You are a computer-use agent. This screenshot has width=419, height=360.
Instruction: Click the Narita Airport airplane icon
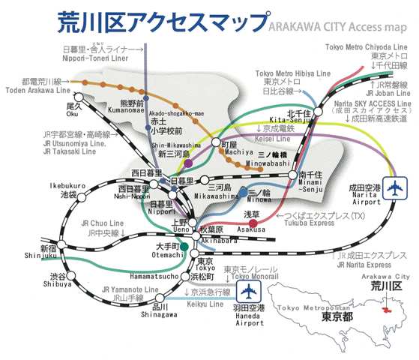point(393,191)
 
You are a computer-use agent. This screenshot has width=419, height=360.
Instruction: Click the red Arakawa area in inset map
point(390,309)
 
